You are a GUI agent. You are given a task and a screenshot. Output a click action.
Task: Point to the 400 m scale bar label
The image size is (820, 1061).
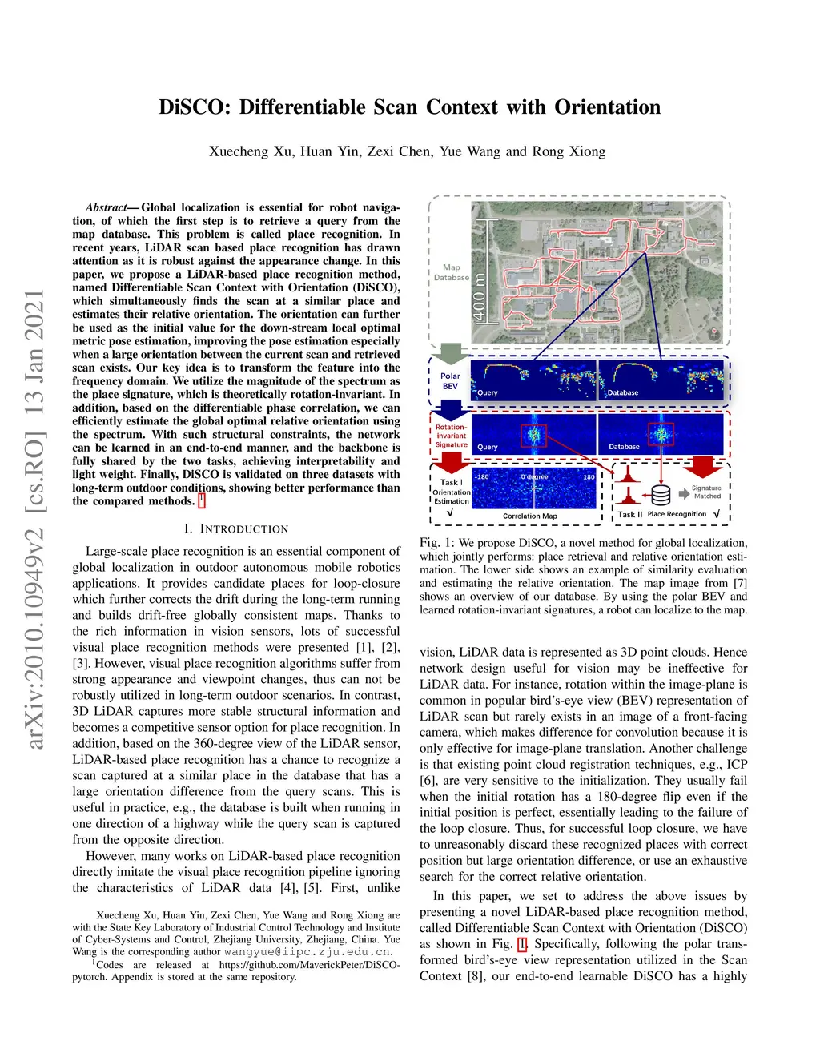pos(479,297)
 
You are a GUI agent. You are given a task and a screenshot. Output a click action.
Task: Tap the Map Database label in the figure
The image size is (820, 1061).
pos(452,272)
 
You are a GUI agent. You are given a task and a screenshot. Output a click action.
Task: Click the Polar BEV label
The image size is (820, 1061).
pos(450,381)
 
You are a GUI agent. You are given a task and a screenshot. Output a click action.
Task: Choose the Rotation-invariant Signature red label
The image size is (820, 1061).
pos(452,436)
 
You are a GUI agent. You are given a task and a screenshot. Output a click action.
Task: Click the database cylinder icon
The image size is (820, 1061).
pos(661,494)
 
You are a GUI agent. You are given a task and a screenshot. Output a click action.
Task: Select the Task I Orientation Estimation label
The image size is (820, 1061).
pos(451,492)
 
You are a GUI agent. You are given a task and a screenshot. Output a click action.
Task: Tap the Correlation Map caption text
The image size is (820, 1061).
pos(529,516)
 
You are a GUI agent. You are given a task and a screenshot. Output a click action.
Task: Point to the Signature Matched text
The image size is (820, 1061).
pos(706,492)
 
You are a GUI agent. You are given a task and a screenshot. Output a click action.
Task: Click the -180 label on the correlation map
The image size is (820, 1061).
pos(482,477)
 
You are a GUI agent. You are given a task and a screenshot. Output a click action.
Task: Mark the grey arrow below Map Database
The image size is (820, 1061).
pos(452,353)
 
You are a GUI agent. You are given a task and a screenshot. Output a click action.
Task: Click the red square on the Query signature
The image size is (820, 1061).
pos(534,436)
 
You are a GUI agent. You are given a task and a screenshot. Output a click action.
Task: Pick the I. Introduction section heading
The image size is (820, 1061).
pos(235,529)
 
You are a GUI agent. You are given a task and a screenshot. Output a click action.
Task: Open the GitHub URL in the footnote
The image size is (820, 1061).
pos(309,965)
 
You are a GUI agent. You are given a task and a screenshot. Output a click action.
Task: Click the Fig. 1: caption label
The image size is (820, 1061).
pos(437,543)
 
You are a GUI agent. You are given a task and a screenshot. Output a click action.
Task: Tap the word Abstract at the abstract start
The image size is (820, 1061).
pos(107,207)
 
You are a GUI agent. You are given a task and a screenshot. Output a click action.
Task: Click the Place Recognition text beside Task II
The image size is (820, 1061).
pos(677,514)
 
